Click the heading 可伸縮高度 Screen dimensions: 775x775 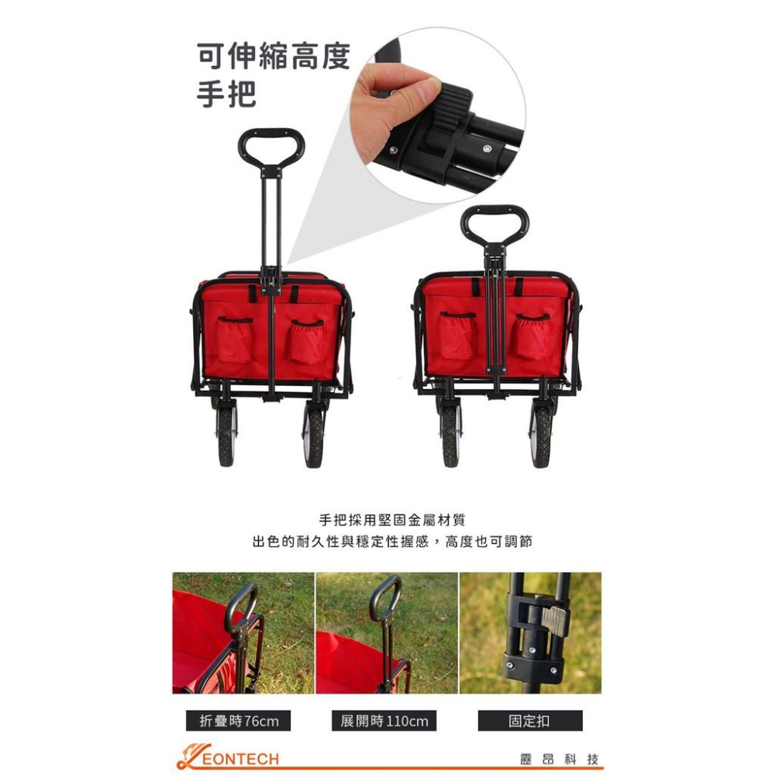tap(274, 57)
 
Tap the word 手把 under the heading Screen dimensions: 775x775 tap(226, 94)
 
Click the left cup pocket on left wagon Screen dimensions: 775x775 tap(235, 339)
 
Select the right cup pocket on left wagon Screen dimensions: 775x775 tap(306, 342)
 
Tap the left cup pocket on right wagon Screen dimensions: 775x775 tap(458, 335)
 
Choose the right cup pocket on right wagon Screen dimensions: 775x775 tap(532, 336)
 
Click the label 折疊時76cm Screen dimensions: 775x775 tap(239, 721)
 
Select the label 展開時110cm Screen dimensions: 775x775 tap(384, 721)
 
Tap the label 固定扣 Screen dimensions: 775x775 tap(530, 721)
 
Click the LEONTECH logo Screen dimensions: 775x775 tap(228, 757)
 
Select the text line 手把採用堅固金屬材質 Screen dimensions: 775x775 tap(392, 520)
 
